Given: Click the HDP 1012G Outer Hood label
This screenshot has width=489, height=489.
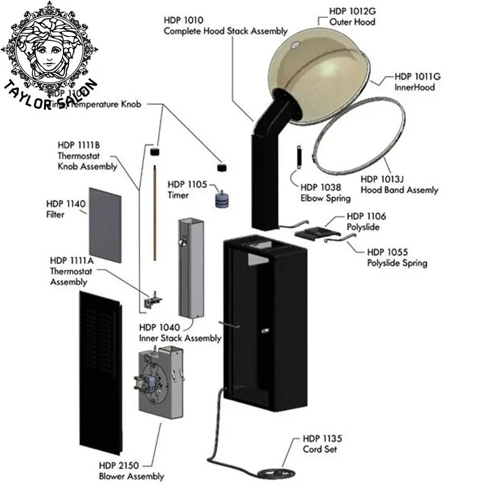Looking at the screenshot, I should (x=352, y=17).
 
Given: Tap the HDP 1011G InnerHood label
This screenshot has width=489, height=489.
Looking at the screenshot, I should (x=417, y=82).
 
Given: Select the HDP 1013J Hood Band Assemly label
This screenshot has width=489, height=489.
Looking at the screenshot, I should (x=399, y=185).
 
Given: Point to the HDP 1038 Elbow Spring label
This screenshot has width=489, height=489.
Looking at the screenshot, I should (x=325, y=193).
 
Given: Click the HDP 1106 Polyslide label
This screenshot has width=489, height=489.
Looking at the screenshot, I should (x=366, y=221).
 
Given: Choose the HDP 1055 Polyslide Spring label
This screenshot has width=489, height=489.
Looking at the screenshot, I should (x=397, y=257).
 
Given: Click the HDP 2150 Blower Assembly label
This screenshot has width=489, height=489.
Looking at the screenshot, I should (x=131, y=471).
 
